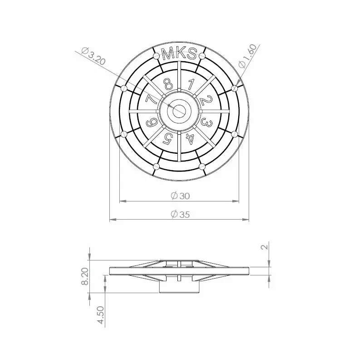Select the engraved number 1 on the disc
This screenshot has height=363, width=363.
191,84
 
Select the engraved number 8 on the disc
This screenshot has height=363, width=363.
168,84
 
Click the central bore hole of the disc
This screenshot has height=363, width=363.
179,110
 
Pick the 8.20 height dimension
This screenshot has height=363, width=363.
85,276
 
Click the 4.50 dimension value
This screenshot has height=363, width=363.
101,315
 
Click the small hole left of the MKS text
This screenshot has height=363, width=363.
156,56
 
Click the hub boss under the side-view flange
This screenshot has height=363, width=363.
179,287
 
